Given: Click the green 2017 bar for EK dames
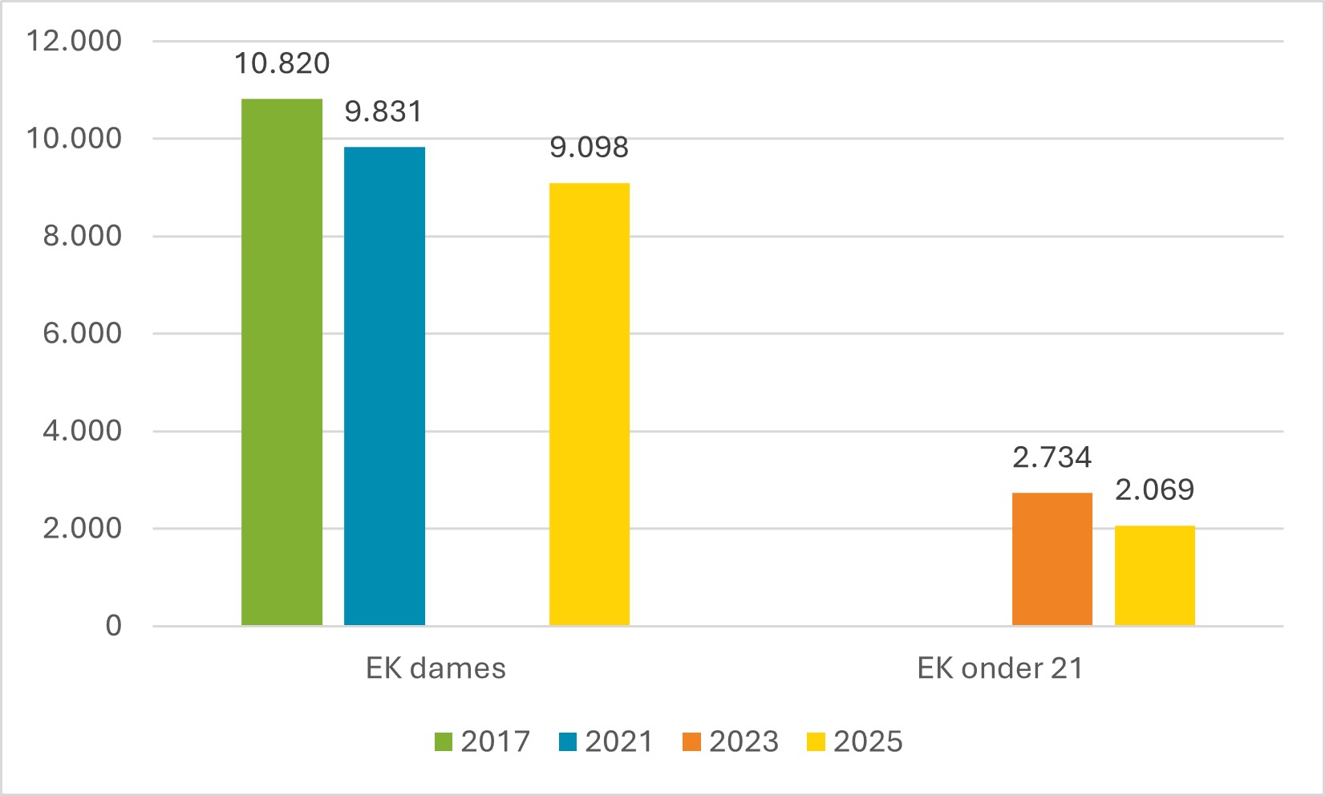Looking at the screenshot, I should click(x=282, y=361).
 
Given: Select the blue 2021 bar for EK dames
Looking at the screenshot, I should click(x=384, y=385).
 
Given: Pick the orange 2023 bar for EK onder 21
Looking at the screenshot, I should click(x=1051, y=558).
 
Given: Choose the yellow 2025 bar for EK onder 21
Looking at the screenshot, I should click(x=1154, y=575).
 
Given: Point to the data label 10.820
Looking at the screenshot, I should click(x=282, y=63).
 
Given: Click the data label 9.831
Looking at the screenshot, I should click(x=383, y=112).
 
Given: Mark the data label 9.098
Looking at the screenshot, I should click(x=589, y=148).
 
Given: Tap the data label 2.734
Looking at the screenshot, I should click(x=1051, y=457).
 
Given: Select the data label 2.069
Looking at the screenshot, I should click(x=1154, y=489).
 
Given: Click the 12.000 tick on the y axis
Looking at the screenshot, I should click(x=74, y=41).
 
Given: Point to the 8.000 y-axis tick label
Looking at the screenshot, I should click(x=82, y=236).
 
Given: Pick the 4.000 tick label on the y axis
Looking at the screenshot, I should click(x=82, y=431).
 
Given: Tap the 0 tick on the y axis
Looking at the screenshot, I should click(x=113, y=626).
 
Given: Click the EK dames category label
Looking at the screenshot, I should click(x=436, y=668).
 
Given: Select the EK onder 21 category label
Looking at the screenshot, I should click(x=999, y=668).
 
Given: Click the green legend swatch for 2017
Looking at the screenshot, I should click(x=444, y=741).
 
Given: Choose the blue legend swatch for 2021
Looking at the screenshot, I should click(x=568, y=741).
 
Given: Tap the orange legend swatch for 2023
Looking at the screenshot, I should click(x=691, y=741).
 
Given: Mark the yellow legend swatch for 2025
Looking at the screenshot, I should click(x=816, y=741).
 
